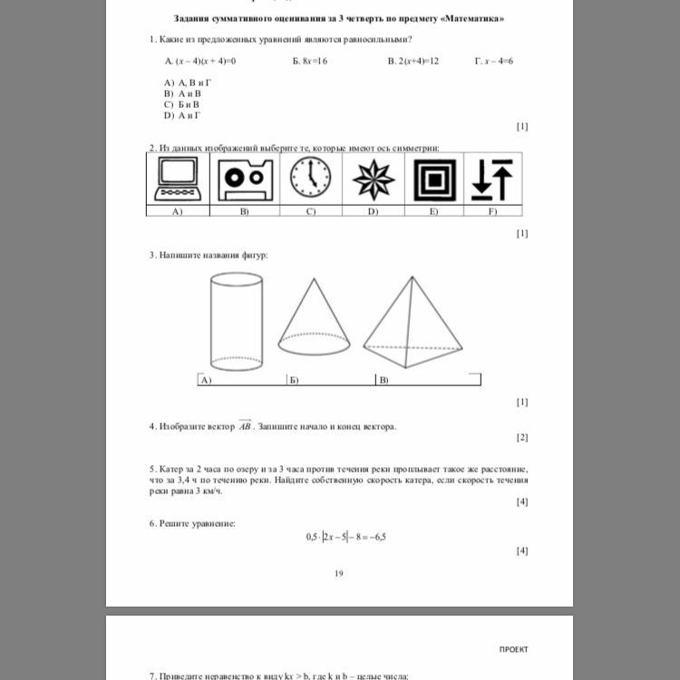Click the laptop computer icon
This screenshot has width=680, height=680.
pos(178,179)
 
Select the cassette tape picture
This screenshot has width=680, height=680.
pos(245,179)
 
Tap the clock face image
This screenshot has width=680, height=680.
pos(311,178)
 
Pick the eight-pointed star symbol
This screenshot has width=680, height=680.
pos(374,179)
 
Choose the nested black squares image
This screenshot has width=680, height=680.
pos(434,179)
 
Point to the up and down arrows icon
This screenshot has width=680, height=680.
pos(492,179)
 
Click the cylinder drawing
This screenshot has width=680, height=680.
pos(235,322)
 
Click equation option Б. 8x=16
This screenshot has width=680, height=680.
pos(310,61)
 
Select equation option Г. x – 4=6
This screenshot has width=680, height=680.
pos(494,61)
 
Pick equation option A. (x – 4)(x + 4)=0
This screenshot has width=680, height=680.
pos(200,61)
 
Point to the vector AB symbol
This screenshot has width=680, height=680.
pos(245,425)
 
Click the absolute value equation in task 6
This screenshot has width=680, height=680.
pos(345,536)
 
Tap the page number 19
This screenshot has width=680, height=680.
pos(339,573)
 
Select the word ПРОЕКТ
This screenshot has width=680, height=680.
pos(513,649)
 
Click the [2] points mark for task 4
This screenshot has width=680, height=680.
pos(521,437)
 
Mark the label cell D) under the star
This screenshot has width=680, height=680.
pos(373,211)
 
